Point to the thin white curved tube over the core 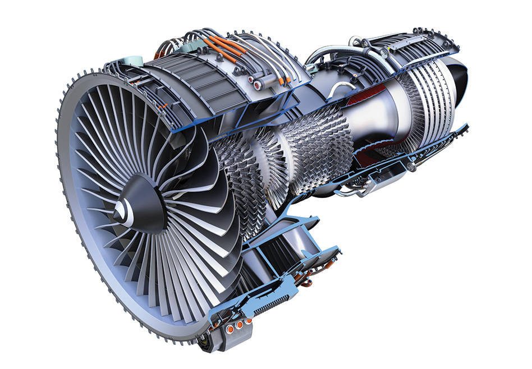(x=336, y=90)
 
